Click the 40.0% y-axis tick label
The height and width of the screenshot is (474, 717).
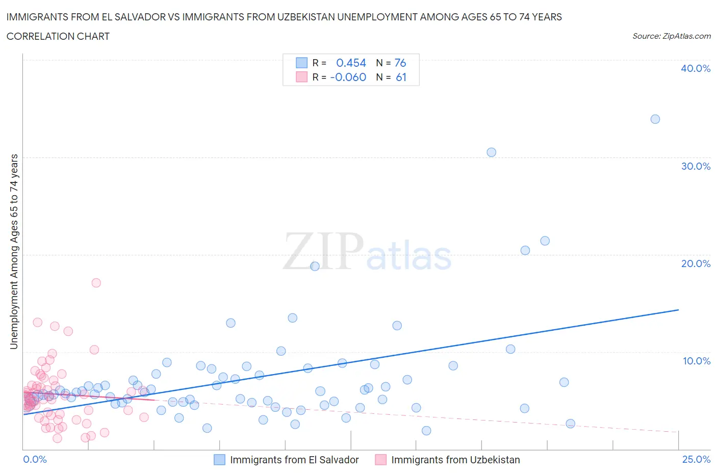695,68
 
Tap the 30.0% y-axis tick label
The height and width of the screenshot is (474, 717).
695,166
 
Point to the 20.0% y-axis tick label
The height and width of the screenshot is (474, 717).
695,264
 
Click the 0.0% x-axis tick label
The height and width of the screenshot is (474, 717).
35,459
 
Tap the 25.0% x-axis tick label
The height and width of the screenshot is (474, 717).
696,459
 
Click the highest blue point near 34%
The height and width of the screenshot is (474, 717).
655,119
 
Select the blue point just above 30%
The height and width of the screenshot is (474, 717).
491,152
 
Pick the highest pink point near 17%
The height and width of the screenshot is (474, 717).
96,283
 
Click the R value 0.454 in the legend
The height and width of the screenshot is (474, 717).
351,63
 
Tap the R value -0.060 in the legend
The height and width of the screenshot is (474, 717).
348,77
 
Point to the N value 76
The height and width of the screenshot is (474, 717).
400,63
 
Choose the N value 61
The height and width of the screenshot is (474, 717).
401,77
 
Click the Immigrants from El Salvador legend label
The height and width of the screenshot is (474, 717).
294,460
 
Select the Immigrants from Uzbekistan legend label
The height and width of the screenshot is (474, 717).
455,460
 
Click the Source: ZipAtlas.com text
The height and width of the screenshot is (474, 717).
671,36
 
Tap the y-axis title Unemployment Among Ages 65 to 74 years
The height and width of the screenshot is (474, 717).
14,251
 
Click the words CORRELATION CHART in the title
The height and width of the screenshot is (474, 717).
58,36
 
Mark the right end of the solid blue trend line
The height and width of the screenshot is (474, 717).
678,310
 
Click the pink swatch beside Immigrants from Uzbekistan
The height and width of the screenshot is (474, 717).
380,460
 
